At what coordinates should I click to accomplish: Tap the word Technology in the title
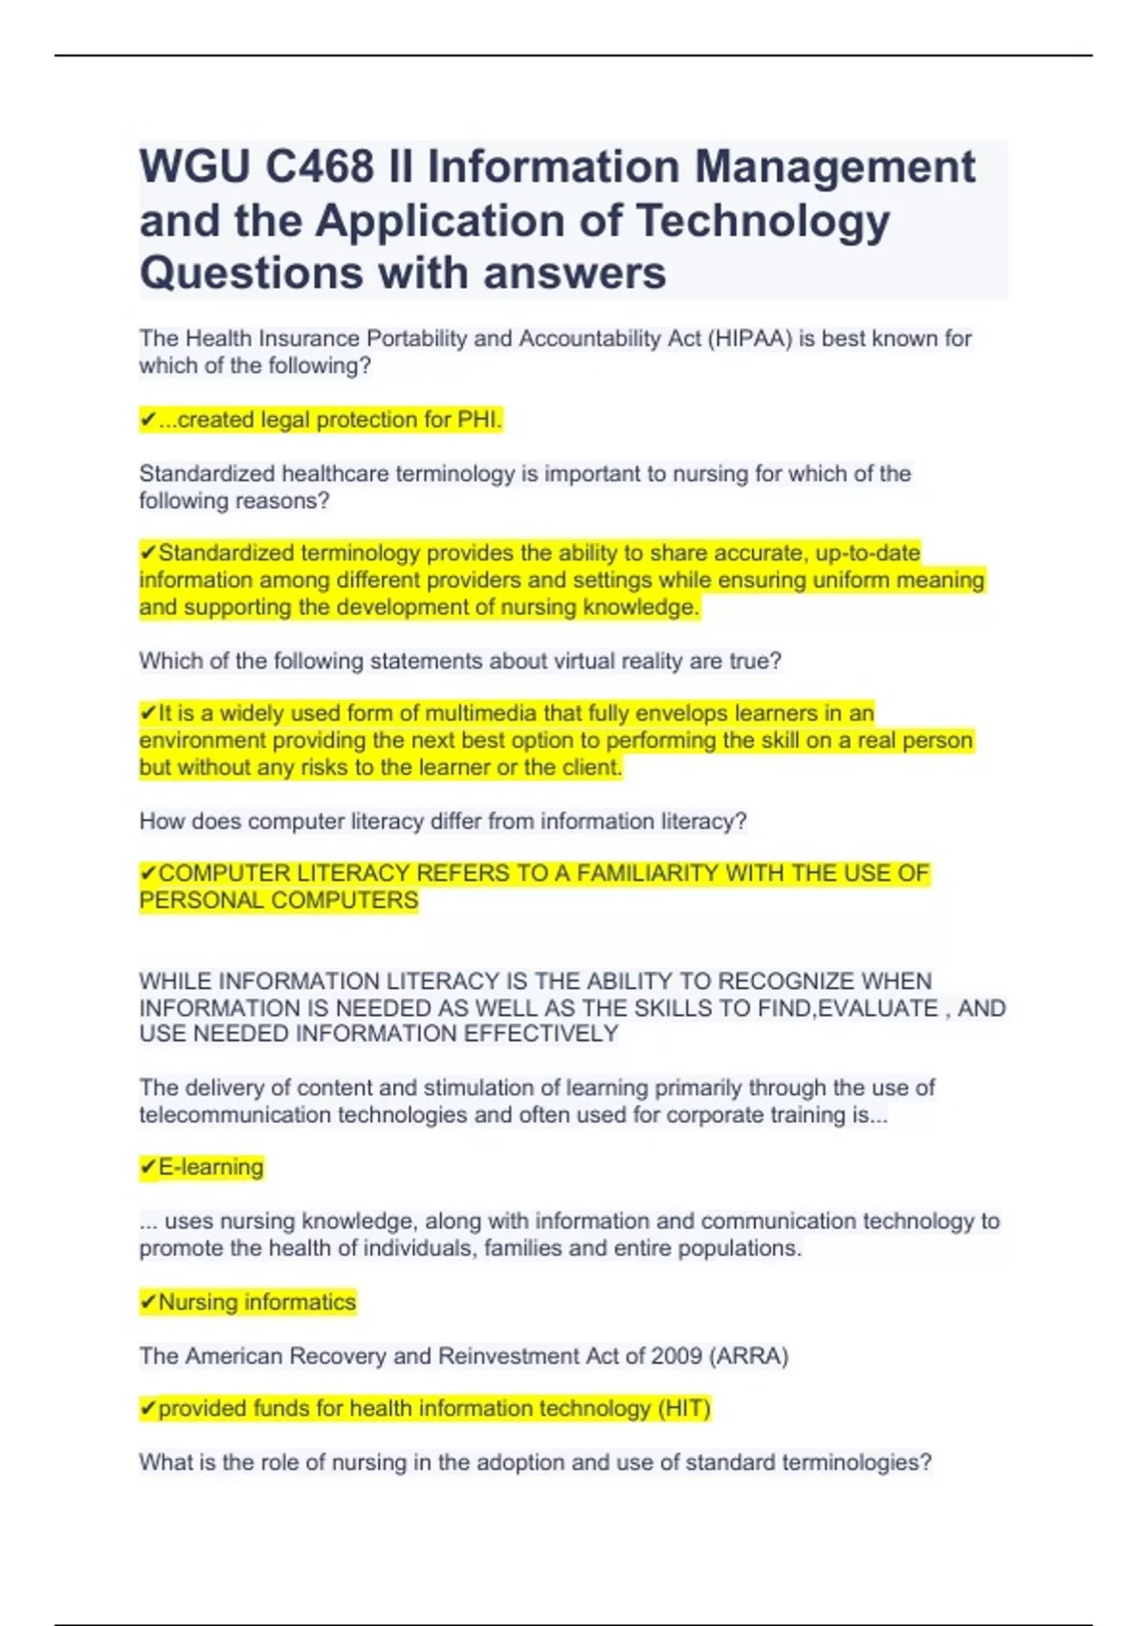pos(762,221)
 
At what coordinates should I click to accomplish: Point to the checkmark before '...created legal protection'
pos(147,420)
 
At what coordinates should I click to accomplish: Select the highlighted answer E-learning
pos(210,1168)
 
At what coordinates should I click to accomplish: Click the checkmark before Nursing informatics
pos(147,1303)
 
